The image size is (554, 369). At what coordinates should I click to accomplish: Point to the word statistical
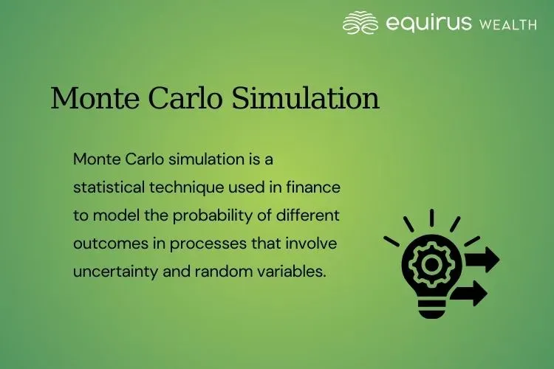109,187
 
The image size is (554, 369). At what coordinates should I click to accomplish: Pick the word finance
316,187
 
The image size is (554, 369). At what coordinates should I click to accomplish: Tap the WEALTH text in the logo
508,24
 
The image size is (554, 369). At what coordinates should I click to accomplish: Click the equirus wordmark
429,23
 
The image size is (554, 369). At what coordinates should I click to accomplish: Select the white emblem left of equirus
360,23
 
